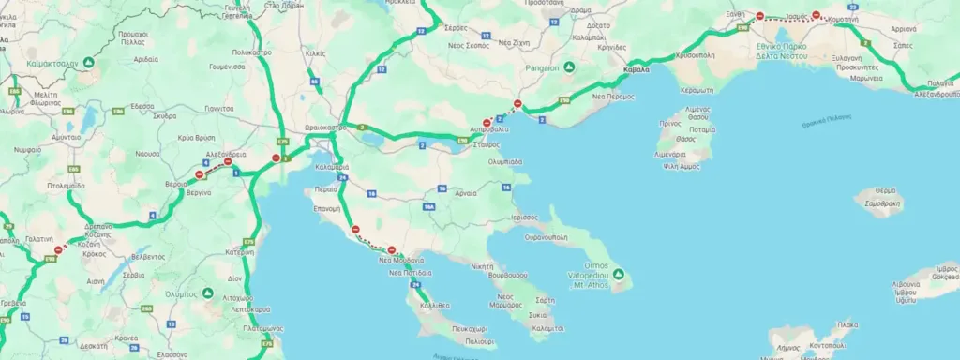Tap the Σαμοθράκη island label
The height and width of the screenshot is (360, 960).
(882, 202)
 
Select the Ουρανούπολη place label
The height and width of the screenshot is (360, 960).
(547, 236)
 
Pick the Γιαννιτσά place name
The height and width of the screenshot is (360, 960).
(218, 109)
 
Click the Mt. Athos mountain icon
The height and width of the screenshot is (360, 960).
(616, 277)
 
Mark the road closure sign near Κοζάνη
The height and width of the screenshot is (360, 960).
(59, 249)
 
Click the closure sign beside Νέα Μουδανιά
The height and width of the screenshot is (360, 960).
(391, 250)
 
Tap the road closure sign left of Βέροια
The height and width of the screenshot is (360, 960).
(199, 174)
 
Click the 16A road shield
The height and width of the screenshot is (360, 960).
(428, 205)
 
